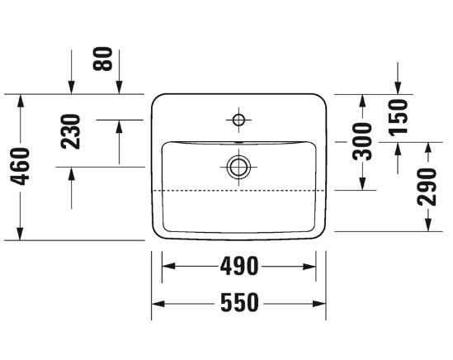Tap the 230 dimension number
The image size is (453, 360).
pyautogui.click(x=72, y=131)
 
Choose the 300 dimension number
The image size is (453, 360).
pyautogui.click(x=361, y=141)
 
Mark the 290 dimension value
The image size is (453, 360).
pyautogui.click(x=427, y=187)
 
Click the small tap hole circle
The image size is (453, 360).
pyautogui.click(x=238, y=121)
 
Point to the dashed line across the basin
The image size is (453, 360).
pyautogui.click(x=238, y=190)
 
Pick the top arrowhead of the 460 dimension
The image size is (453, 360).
pyautogui.click(x=21, y=100)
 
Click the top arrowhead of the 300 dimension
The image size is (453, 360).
pyautogui.click(x=361, y=100)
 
